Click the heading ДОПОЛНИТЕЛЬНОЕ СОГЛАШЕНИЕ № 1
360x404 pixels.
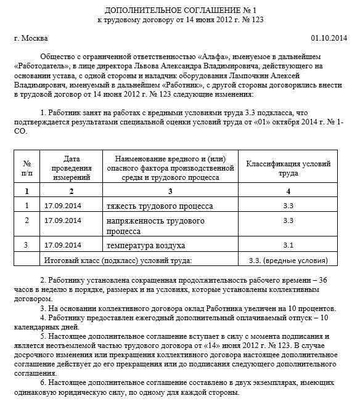pyautogui.click(x=181, y=11)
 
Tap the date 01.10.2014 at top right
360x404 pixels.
pyautogui.click(x=328, y=38)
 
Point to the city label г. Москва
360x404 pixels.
pyautogui.click(x=30, y=38)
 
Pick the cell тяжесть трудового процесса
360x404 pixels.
pyautogui.click(x=160, y=205)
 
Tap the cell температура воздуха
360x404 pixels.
pyautogui.click(x=146, y=246)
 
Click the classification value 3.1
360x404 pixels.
pyautogui.click(x=288, y=246)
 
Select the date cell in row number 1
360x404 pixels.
pyautogui.click(x=63, y=205)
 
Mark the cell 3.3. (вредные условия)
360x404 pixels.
pyautogui.click(x=288, y=261)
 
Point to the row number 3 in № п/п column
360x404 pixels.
pyautogui.click(x=27, y=246)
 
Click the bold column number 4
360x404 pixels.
pyautogui.click(x=288, y=192)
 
